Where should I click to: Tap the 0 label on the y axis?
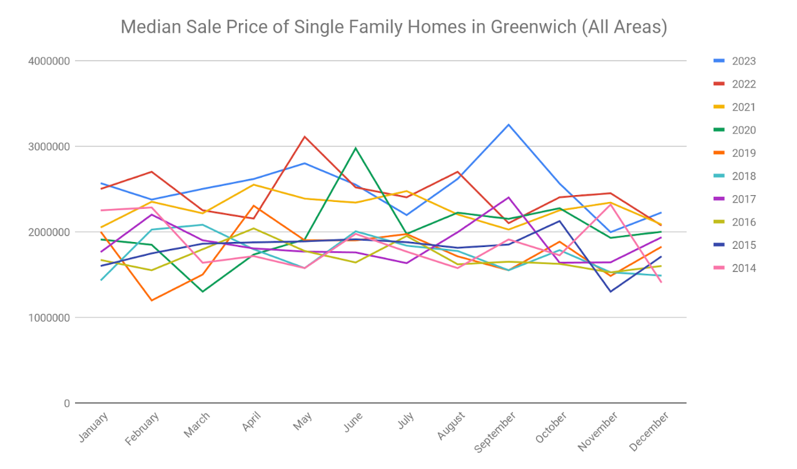[66, 403]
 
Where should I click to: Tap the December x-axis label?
[649, 431]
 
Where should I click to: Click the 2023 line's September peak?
[509, 124]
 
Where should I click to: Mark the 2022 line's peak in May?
[305, 136]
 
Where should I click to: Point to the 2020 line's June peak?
[356, 148]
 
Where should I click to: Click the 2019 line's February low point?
[152, 300]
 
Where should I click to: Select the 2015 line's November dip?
[611, 291]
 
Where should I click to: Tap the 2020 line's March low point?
[203, 291]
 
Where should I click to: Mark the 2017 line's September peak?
[509, 198]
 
